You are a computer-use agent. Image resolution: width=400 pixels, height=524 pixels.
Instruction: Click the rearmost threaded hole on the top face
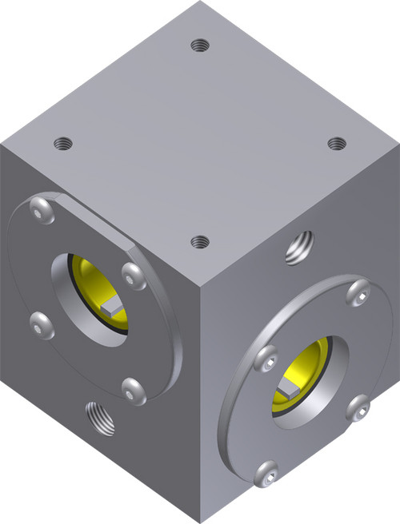tap(200, 46)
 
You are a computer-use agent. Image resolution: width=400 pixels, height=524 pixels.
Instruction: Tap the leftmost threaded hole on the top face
tap(62, 144)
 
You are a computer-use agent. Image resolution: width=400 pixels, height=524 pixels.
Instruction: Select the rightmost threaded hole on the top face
tap(337, 143)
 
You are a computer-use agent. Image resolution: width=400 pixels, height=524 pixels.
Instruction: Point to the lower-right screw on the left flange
tap(133, 389)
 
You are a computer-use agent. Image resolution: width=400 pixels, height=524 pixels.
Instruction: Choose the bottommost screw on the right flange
tap(266, 473)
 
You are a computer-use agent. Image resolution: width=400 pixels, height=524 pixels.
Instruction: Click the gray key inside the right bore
tap(288, 388)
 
